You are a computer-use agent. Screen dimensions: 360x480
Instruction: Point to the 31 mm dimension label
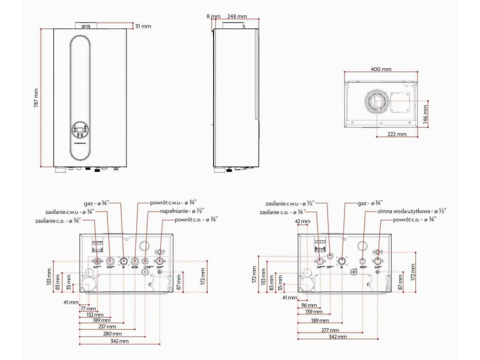pyautogui.click(x=143, y=26)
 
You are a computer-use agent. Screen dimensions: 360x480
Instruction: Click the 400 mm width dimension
pyautogui.click(x=381, y=69)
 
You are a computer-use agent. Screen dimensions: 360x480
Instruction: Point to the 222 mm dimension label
pyautogui.click(x=397, y=134)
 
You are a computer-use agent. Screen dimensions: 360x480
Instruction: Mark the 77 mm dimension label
pyautogui.click(x=88, y=309)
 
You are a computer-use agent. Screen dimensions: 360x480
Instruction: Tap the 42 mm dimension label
pyautogui.click(x=303, y=221)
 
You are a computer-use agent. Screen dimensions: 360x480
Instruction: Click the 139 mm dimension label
pyautogui.click(x=313, y=312)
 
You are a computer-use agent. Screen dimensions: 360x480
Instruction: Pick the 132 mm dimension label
pyautogui.click(x=92, y=315)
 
